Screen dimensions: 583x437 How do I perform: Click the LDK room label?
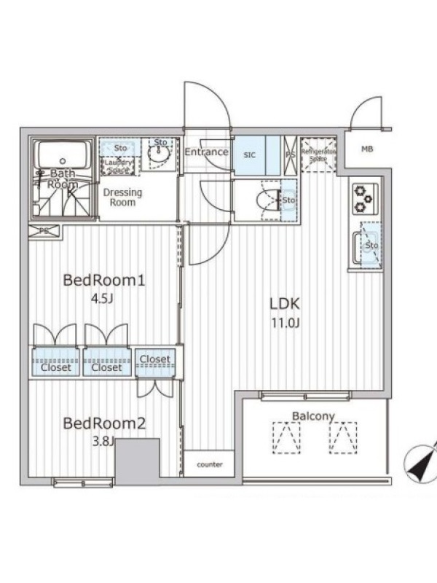coord(285,304)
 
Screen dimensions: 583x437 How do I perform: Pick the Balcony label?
coord(313,416)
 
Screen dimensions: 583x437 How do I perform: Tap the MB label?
coord(368,150)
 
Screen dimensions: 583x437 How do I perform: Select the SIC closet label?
coord(250,154)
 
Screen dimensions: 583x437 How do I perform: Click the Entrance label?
coord(206,152)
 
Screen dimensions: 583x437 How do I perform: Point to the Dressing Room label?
coord(122,197)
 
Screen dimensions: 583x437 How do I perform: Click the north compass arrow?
coord(422,463)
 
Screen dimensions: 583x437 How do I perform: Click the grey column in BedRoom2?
coord(137,461)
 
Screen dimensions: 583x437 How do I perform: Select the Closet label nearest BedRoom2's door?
coord(154,359)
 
